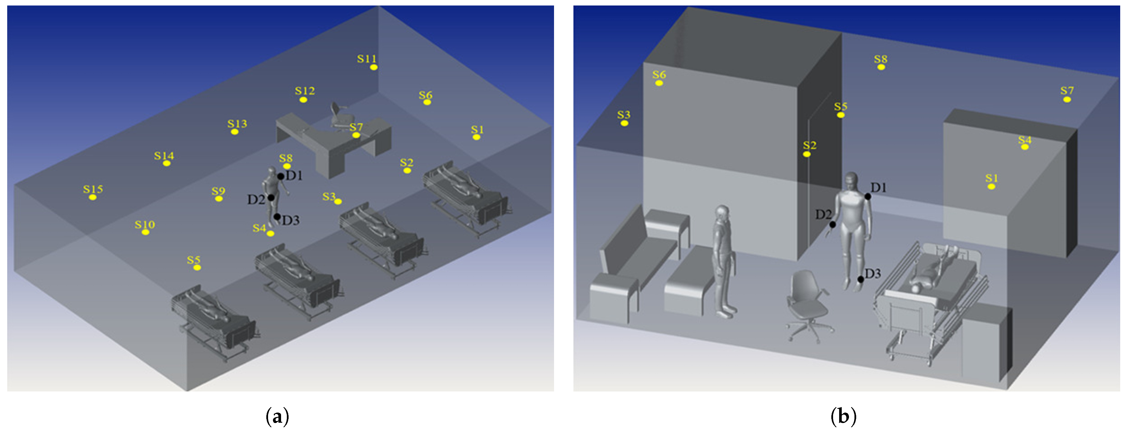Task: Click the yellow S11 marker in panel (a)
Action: (x=374, y=67)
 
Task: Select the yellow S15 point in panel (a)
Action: (x=93, y=198)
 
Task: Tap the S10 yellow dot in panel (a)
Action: (x=145, y=232)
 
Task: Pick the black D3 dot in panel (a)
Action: (x=277, y=217)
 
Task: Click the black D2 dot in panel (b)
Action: (x=832, y=225)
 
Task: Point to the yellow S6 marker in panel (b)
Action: (x=659, y=83)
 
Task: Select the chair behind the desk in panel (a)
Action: (x=340, y=116)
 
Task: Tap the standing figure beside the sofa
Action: (x=723, y=261)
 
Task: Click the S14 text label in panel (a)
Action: (x=164, y=155)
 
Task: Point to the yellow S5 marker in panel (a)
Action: (x=197, y=267)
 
